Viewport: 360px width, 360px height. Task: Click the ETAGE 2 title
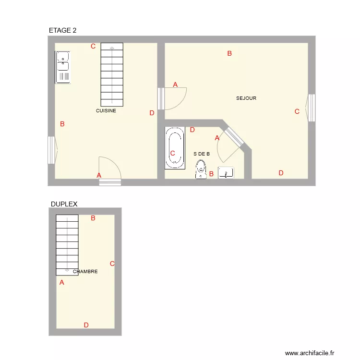[62, 30]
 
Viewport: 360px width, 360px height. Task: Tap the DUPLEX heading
[64, 204]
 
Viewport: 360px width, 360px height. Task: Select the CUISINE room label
[106, 111]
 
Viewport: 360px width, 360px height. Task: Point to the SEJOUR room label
[246, 98]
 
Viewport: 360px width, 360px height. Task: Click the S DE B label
[202, 154]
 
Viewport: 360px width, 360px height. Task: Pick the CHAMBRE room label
[85, 272]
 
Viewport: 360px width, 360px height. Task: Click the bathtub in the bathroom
[175, 148]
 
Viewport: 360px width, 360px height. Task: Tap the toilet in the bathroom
[201, 169]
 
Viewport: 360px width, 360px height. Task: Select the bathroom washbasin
[226, 173]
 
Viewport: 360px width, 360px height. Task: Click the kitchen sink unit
[62, 67]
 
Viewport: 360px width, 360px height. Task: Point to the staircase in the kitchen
[112, 74]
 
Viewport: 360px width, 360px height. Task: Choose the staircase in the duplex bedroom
[67, 245]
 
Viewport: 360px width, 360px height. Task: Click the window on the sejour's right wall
[311, 108]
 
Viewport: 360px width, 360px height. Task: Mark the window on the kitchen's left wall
[52, 150]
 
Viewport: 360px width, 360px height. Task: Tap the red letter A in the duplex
[61, 283]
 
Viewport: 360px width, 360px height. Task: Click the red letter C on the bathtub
[172, 154]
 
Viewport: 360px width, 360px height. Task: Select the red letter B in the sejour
[229, 54]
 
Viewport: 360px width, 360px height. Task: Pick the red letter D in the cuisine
[152, 113]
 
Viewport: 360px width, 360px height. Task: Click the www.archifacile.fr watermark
[309, 353]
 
